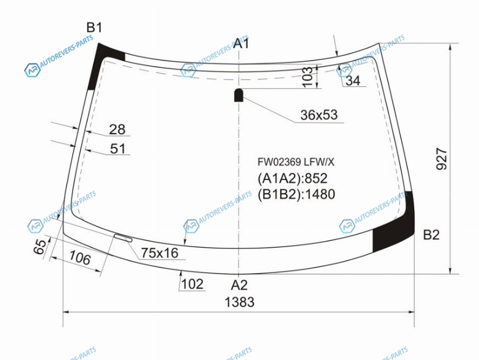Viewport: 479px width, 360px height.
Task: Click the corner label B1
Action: tap(94, 28)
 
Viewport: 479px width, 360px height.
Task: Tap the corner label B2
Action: tap(432, 235)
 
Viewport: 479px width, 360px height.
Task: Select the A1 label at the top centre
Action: tap(242, 43)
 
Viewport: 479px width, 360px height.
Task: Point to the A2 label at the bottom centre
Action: tap(239, 285)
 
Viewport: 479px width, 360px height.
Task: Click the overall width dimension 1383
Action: tap(240, 302)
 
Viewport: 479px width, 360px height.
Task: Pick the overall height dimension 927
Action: tap(441, 158)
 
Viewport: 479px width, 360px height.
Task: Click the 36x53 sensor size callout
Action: tap(319, 115)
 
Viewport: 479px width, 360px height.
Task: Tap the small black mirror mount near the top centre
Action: tap(239, 95)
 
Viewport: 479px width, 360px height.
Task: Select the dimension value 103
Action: tap(308, 76)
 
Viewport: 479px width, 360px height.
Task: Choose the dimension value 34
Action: tap(353, 81)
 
